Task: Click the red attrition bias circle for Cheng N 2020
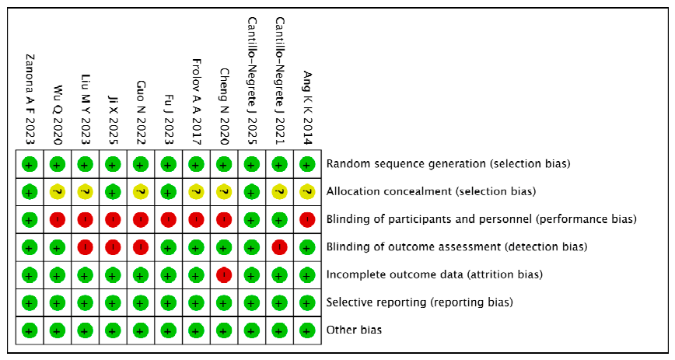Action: pos(224,274)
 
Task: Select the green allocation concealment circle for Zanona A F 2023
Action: pos(30,192)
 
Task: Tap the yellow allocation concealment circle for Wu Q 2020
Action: pos(58,192)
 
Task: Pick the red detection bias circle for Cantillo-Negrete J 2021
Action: pos(279,247)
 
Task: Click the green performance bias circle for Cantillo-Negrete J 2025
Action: pos(252,219)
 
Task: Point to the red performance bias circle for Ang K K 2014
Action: pos(307,219)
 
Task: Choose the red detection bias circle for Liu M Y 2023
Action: pos(85,247)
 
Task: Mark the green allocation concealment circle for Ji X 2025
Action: pos(113,192)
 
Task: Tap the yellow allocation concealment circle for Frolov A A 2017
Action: pos(196,192)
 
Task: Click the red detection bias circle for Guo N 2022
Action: pos(141,247)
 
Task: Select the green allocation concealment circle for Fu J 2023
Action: pos(168,192)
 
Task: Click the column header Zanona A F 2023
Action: pos(30,100)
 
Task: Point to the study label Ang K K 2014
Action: pos(307,107)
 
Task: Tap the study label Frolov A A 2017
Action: pos(196,102)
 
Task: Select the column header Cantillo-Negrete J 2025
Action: pos(252,81)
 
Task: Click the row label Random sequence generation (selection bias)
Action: pos(448,164)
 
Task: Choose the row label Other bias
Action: pos(354,330)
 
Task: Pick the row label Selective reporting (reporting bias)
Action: pos(420,302)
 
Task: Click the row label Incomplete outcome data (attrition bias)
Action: pos(435,274)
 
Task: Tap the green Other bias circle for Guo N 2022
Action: pos(141,330)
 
